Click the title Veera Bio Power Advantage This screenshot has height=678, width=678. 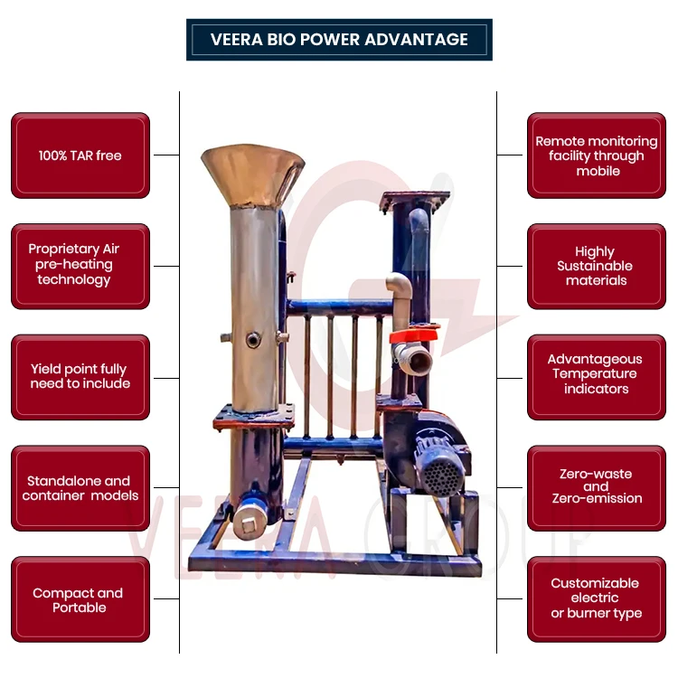(x=339, y=40)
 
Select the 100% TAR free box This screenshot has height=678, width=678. (x=80, y=155)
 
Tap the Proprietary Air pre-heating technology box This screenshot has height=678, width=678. (x=80, y=266)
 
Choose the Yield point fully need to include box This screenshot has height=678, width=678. (x=80, y=377)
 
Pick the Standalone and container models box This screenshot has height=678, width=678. (x=80, y=488)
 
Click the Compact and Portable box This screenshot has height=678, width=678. (x=80, y=600)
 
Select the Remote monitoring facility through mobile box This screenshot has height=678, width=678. (x=597, y=155)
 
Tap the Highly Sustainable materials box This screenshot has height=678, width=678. (x=597, y=266)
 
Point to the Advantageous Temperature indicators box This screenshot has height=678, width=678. (x=597, y=374)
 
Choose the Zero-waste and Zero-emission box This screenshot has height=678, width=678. (x=597, y=486)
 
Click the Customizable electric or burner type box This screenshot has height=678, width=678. (x=597, y=598)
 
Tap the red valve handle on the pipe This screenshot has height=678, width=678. (x=413, y=336)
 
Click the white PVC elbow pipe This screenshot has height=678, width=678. (x=400, y=294)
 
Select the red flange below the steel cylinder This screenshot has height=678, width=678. (x=254, y=417)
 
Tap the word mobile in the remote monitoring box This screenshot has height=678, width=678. (x=598, y=171)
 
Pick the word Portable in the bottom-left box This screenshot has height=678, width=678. (x=80, y=608)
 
